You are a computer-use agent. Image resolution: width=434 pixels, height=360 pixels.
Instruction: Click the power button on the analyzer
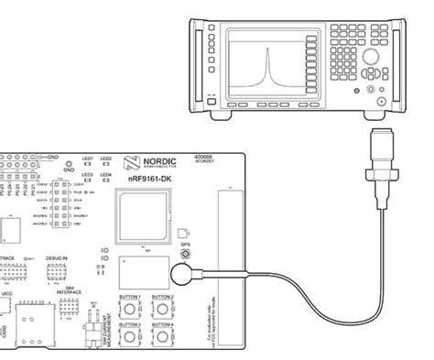tap(212, 95)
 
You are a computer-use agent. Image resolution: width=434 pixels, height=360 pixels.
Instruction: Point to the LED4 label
tap(106, 174)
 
